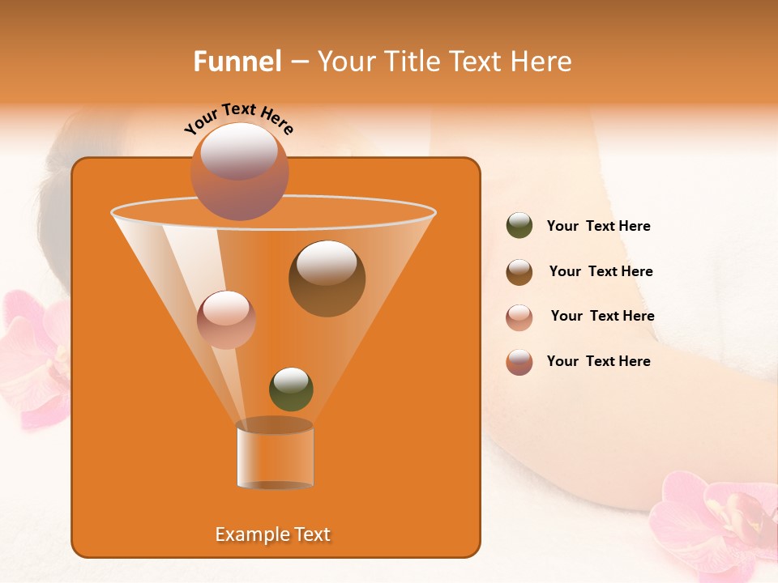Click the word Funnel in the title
pos(237,62)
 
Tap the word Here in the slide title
pos(541,62)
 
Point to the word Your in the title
pos(346,62)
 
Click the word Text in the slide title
pos(477,62)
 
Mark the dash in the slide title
pos(298,62)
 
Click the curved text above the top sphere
pos(238,118)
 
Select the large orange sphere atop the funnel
pos(239,171)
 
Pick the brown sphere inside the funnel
pos(327,278)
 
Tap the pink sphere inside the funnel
pos(226,319)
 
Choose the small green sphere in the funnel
pos(291,389)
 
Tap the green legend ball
pos(519,226)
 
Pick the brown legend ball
pos(519,272)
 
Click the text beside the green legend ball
pos(598,227)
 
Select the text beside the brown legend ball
pos(601,272)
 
